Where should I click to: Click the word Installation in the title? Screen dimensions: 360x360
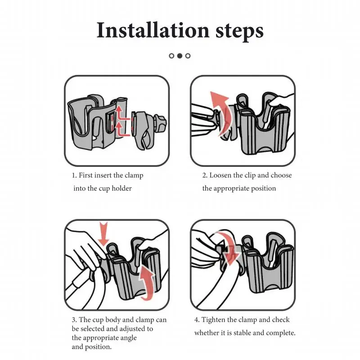tap(153, 30)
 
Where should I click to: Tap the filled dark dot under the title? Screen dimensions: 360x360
tap(180, 56)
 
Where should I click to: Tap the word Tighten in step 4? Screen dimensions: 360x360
tap(213, 320)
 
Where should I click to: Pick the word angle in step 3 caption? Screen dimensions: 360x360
tap(128, 338)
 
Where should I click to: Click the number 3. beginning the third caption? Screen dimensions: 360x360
tap(74, 320)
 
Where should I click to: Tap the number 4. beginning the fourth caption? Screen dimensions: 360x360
tap(197, 320)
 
